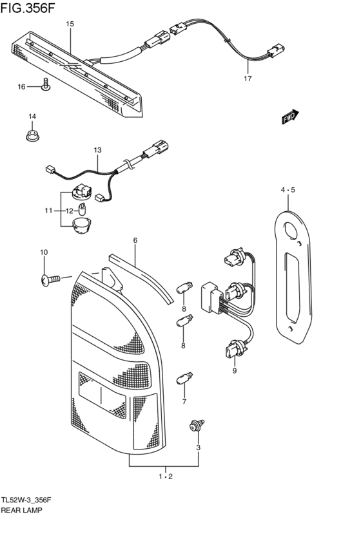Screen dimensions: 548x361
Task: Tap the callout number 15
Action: pos(70,24)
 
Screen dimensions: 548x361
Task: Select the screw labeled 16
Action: pos(46,84)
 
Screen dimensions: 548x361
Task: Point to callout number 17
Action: pos(247,79)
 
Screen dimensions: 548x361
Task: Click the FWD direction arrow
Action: pos(291,116)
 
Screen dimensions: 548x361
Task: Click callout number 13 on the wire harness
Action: pos(97,150)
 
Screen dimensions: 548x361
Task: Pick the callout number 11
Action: pos(48,211)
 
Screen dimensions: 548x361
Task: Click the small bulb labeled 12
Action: pos(83,208)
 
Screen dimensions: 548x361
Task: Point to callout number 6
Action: pos(135,240)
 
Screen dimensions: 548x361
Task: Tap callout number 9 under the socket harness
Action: pos(234,371)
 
